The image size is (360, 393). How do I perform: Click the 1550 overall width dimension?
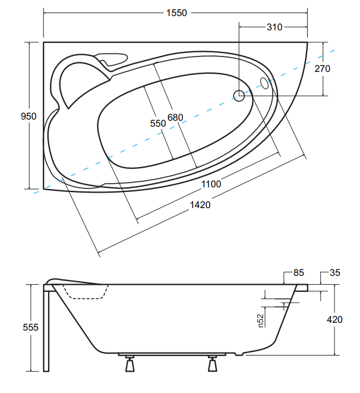tap(177, 12)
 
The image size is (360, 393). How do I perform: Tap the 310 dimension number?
tap(274, 27)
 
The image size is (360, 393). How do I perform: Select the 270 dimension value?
tap(323, 68)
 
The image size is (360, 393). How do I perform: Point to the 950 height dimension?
tap(29, 116)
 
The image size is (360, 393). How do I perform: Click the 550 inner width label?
tap(158, 123)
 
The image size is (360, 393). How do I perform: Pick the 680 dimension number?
tap(175, 117)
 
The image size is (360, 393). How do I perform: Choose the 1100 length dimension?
tap(211, 184)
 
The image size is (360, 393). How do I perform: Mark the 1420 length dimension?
tap(200, 205)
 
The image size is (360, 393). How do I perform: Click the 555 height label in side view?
tap(30, 328)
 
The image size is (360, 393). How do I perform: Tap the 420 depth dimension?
tap(334, 319)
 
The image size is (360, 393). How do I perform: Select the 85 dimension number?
tap(299, 273)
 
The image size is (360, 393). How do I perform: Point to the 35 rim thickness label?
tap(335, 273)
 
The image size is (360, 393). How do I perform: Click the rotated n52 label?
tap(261, 320)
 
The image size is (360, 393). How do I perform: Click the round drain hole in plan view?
tap(239, 96)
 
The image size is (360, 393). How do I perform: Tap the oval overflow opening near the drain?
tap(264, 83)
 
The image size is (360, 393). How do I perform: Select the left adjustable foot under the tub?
tap(130, 364)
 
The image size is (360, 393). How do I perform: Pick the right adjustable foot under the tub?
tap(213, 364)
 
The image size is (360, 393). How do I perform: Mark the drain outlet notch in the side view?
tap(239, 354)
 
